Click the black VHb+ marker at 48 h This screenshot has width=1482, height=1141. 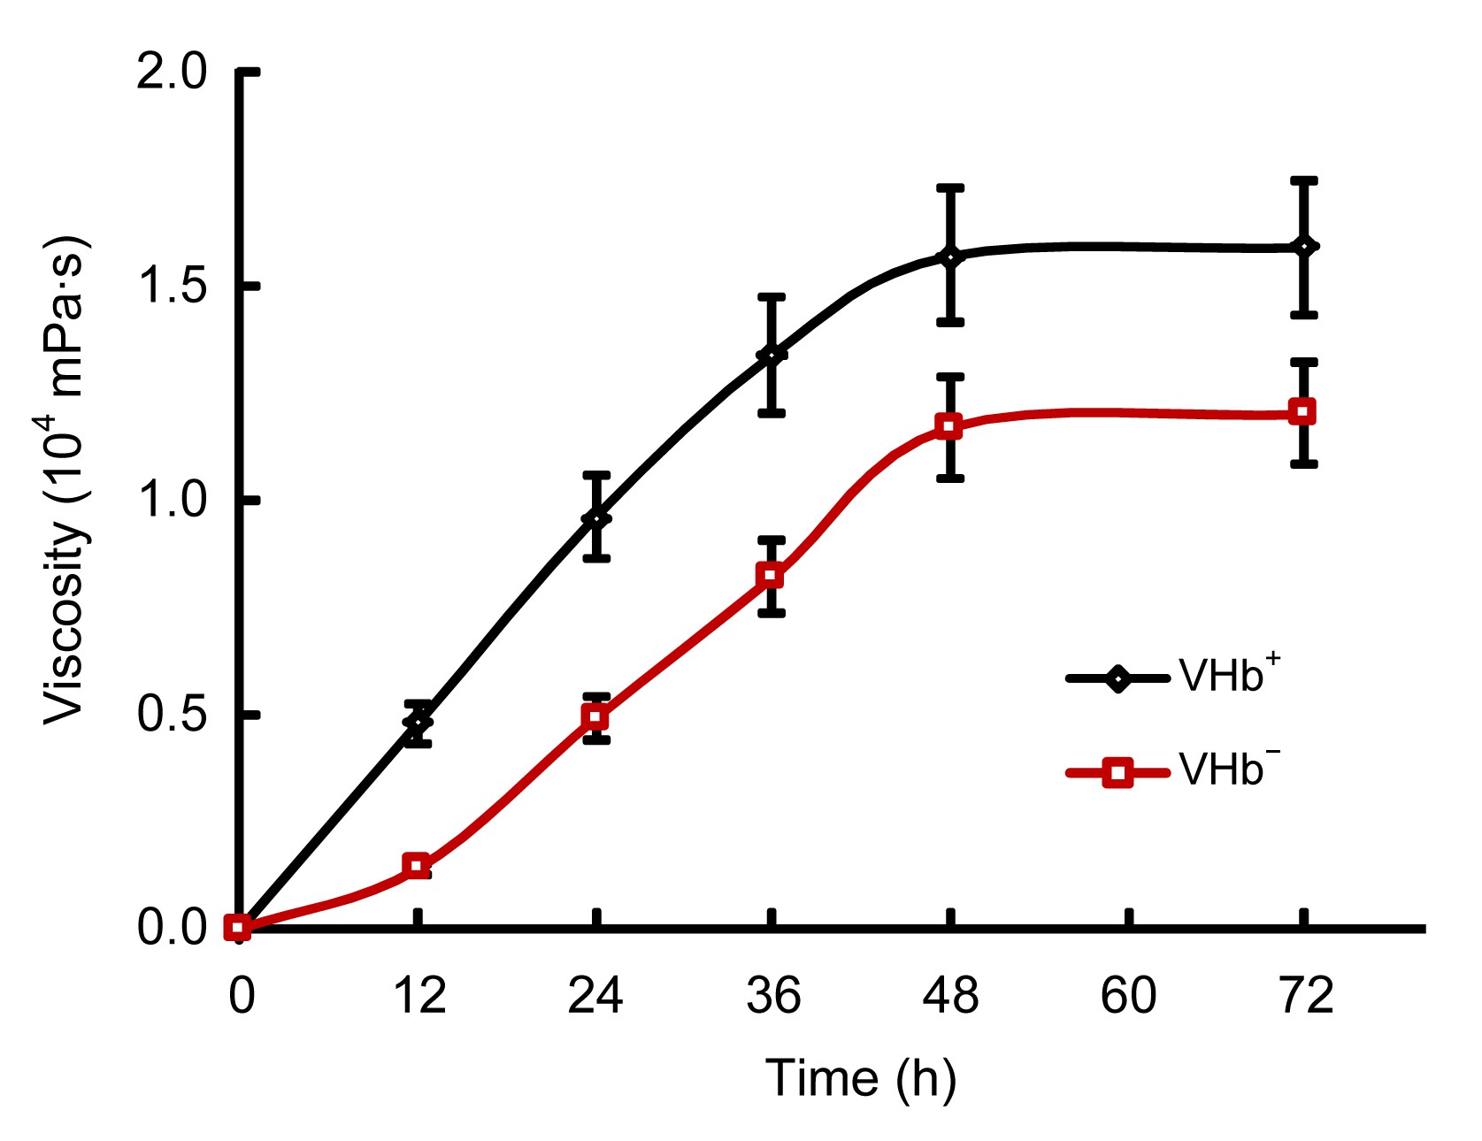tap(950, 257)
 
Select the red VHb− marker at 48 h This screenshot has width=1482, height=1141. tap(949, 427)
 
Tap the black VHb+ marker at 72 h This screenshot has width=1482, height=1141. tap(1303, 247)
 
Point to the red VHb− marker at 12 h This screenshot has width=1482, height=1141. tap(417, 866)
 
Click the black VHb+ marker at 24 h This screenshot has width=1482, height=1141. tap(596, 517)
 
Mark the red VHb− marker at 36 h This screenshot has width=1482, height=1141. tap(772, 576)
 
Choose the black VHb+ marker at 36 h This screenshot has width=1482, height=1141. tap(772, 356)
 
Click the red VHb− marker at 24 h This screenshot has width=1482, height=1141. tap(595, 716)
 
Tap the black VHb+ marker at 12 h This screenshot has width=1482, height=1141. tap(418, 723)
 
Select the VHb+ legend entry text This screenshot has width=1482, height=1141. tap(1229, 676)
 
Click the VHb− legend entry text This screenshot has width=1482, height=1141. tap(1229, 770)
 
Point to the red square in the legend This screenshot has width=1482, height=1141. tap(1118, 773)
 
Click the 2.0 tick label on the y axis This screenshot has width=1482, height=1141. tap(172, 72)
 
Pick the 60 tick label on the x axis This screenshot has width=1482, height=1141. tap(1128, 996)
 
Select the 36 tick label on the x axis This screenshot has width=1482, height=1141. tap(772, 996)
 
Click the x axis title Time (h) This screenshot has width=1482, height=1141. tap(860, 1079)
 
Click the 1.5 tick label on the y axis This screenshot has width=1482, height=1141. tap(172, 287)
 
